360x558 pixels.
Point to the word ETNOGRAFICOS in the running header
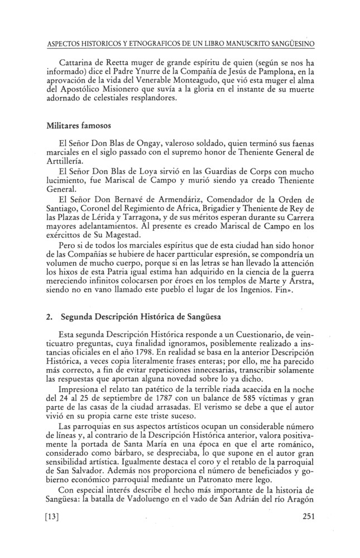150,42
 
